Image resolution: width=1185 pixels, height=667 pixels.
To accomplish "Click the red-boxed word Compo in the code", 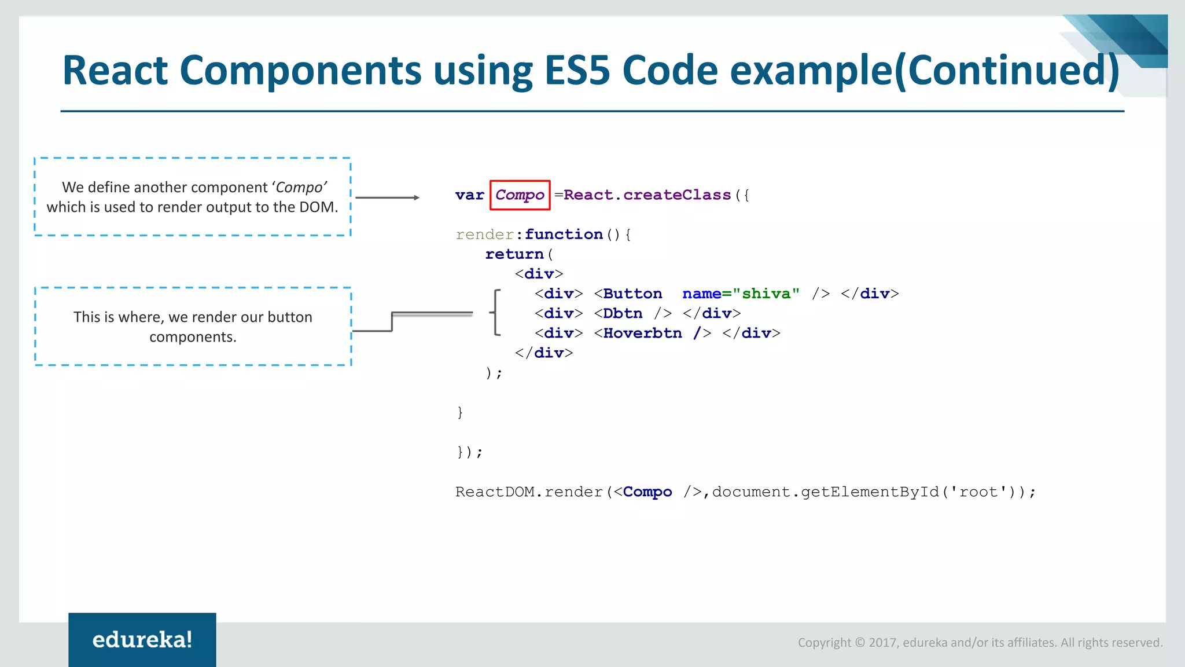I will [520, 195].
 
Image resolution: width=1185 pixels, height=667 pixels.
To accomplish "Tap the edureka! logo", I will [142, 640].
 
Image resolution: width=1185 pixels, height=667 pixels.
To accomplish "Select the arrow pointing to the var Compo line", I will [387, 198].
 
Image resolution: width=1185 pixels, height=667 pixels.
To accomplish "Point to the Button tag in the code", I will [632, 294].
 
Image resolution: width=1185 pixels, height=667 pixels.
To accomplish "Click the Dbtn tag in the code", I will [623, 314].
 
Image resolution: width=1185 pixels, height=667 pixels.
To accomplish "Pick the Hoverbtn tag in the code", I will [642, 333].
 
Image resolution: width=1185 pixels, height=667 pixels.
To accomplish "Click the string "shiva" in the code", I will [766, 294].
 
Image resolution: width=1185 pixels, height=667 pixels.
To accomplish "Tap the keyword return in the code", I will [514, 254].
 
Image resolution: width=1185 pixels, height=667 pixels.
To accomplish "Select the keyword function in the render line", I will [564, 234].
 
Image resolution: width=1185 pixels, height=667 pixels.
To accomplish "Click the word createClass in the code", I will [677, 195].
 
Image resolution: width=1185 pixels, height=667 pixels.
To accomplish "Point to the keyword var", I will [469, 195].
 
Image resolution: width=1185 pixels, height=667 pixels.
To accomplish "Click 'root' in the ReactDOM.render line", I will [978, 492].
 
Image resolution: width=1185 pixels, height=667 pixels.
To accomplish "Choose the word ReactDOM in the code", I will [495, 492].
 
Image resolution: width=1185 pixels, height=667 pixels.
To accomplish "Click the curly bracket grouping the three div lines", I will [495, 313].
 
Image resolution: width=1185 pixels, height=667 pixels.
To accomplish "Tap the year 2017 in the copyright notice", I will [883, 643].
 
